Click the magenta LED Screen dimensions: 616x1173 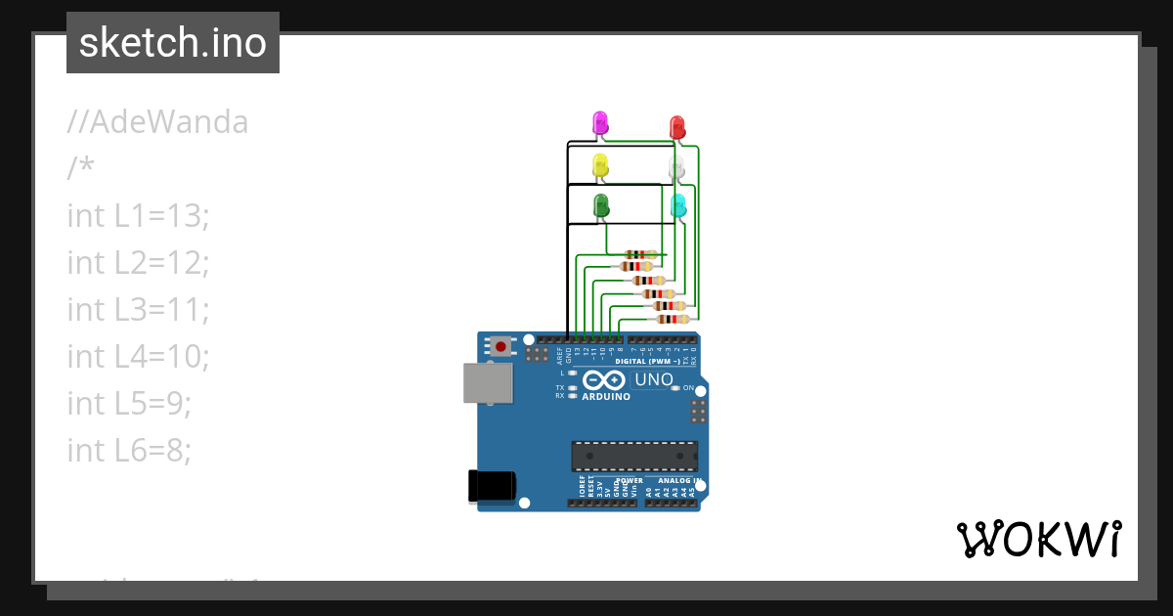tap(600, 123)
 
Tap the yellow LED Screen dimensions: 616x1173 tap(600, 164)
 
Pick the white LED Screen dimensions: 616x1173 tap(676, 167)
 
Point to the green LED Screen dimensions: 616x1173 tap(600, 205)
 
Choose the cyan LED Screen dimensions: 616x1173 tap(677, 206)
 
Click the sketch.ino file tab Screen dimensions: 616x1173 tap(173, 43)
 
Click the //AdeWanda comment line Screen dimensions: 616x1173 tap(157, 122)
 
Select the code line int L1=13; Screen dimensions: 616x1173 tap(138, 215)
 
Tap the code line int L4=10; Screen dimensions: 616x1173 tap(138, 356)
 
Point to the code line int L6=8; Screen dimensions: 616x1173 tap(129, 450)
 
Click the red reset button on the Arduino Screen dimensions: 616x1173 tap(501, 346)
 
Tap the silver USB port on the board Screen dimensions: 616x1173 tap(487, 383)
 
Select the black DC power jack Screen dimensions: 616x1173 tap(491, 486)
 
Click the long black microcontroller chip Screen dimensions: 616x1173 tap(634, 456)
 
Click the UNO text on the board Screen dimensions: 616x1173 tap(654, 379)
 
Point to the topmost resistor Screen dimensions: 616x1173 tap(640, 254)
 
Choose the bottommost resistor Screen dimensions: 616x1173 tap(672, 319)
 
